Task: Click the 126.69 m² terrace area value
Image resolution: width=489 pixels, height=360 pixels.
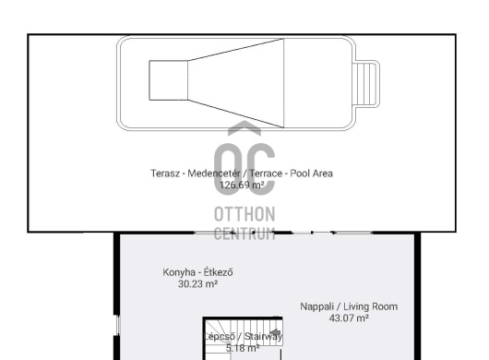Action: [x=242, y=185]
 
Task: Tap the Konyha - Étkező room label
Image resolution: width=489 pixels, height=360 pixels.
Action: [x=197, y=272]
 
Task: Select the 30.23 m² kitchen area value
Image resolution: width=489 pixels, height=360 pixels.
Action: [x=197, y=284]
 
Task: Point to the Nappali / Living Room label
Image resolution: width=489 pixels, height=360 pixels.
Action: [x=349, y=306]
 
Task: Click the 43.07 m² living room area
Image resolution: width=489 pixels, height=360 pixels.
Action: [x=349, y=318]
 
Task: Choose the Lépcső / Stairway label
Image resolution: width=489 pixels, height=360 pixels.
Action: [x=243, y=336]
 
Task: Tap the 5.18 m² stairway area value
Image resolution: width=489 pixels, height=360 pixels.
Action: [x=243, y=348]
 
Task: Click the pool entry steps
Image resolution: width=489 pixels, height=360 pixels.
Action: [x=365, y=84]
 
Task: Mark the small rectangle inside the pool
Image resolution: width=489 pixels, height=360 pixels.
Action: [x=169, y=80]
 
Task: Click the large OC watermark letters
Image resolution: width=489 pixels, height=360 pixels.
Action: [x=244, y=170]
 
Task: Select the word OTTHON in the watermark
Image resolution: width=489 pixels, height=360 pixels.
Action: [x=244, y=214]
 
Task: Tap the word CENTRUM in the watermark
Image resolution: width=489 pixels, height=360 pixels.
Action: [x=244, y=234]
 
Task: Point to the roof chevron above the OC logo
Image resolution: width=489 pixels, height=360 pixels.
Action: [x=244, y=127]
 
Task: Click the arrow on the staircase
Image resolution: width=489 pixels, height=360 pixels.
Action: [x=275, y=332]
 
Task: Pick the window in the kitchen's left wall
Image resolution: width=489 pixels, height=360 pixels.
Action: [x=118, y=325]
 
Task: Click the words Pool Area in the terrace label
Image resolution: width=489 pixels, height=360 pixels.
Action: [x=311, y=174]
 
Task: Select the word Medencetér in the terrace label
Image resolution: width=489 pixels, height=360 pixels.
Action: [x=214, y=174]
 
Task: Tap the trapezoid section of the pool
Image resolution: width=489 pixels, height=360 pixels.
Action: [x=236, y=83]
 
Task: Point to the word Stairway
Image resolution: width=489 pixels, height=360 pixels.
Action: [x=264, y=336]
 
